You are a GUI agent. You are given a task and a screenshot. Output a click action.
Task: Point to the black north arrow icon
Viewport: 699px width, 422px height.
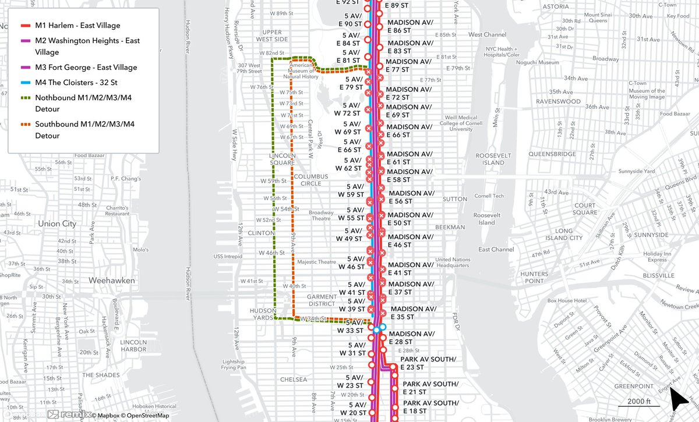coord(679,400)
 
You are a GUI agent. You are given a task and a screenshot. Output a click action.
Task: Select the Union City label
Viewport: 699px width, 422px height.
coord(57,224)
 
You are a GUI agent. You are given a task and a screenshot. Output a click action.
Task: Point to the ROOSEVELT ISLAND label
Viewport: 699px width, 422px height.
coord(489,159)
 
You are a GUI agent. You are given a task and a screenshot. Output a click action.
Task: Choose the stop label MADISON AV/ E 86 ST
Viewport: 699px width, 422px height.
coord(410,26)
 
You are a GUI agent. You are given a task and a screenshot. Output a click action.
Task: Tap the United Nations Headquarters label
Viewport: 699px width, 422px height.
coord(451,262)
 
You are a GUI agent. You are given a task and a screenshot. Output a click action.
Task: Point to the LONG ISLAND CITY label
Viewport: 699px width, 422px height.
coord(568,234)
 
